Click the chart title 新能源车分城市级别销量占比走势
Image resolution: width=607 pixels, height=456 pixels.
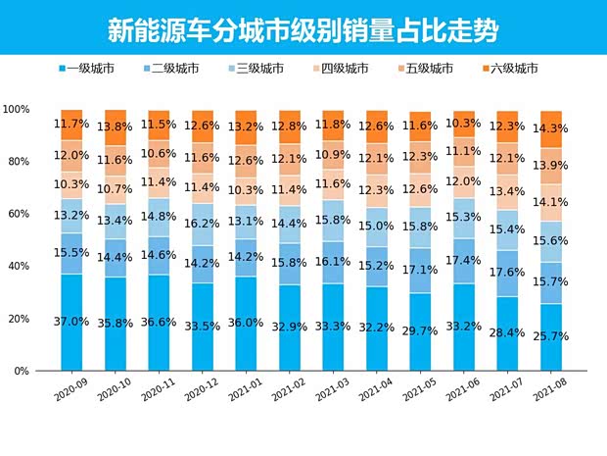point(303,29)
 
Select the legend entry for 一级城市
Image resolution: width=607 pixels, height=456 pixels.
point(88,68)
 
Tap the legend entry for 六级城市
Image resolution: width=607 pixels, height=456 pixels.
point(510,68)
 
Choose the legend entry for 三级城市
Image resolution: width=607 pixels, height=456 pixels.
point(257,68)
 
